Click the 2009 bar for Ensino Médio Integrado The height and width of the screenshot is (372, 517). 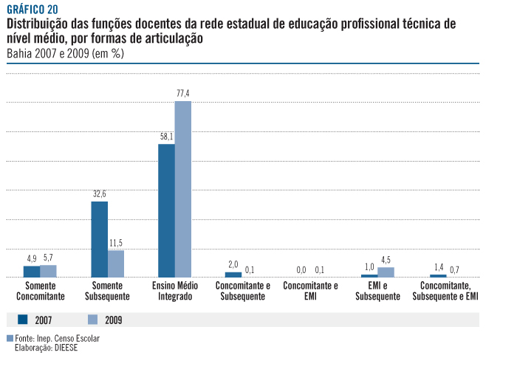(x=183, y=189)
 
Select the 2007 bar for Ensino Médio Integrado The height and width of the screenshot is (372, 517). (x=166, y=210)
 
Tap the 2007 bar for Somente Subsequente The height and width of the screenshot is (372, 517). (x=99, y=239)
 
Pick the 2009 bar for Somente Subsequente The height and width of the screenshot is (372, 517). (x=116, y=263)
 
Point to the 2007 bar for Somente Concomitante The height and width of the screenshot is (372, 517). (x=32, y=272)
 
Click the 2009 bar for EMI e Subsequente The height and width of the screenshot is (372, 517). (x=386, y=272)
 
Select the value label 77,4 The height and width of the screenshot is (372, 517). (x=183, y=93)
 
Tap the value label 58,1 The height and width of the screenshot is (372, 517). (x=166, y=137)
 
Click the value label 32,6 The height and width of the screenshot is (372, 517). (x=99, y=193)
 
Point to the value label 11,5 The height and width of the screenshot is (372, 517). (x=116, y=243)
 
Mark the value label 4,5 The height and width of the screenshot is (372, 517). (x=386, y=259)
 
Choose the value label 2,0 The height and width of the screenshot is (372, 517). (x=233, y=264)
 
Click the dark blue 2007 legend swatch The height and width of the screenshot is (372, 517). (x=22, y=320)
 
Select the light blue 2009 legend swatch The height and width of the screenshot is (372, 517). (x=93, y=320)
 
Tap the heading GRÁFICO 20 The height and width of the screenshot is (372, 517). (x=32, y=9)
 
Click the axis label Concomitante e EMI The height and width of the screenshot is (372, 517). (x=311, y=291)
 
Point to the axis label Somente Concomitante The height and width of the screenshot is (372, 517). (x=41, y=291)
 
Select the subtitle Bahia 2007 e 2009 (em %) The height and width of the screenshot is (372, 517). (x=64, y=54)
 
